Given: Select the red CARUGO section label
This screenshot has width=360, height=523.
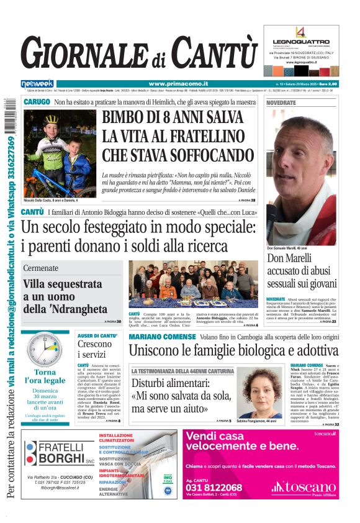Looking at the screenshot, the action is coord(37,102).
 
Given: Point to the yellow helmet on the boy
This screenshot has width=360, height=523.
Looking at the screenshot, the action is coord(51,120).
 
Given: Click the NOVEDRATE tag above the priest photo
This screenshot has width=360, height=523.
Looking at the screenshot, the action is coord(281,102).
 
